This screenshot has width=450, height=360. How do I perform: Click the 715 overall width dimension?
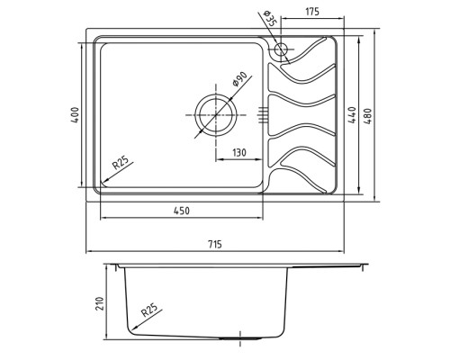215,244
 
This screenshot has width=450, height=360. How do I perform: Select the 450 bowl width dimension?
182,211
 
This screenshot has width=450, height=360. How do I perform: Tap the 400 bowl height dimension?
75,115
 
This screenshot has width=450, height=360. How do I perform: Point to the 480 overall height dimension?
368,116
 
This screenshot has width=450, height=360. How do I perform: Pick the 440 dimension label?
352,115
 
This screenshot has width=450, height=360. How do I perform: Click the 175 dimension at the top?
312,12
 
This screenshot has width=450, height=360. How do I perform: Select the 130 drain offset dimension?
239,152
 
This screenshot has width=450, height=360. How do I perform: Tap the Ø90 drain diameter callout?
239,79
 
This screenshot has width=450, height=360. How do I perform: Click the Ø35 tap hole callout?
268,19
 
